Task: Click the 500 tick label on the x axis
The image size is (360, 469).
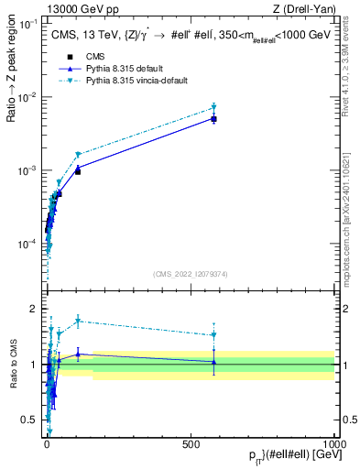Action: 191,443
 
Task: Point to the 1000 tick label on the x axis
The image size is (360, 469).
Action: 333,443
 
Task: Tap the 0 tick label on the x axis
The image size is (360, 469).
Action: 47,443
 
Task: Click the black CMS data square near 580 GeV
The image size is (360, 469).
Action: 213,119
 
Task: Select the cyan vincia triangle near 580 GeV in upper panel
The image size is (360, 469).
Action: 213,107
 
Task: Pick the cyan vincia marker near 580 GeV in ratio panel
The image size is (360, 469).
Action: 213,334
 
